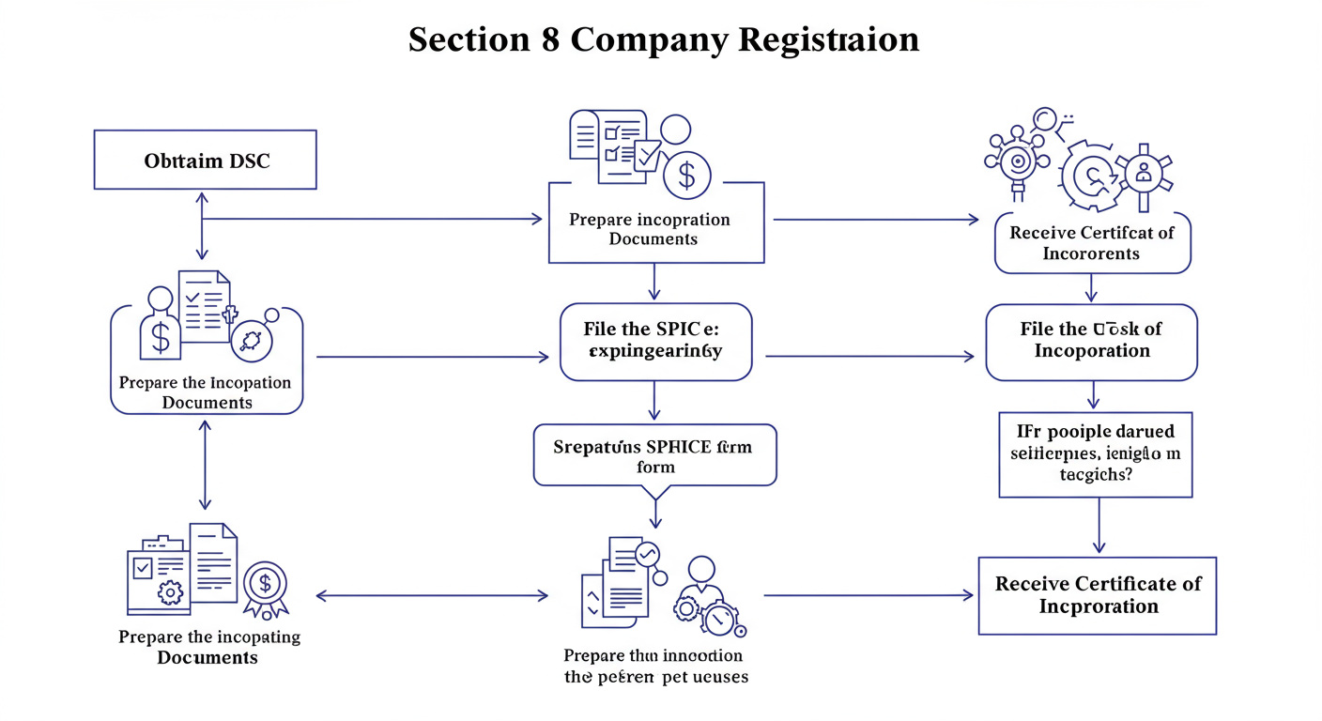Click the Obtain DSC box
(x=205, y=161)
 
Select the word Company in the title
(x=649, y=39)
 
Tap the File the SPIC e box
(x=655, y=341)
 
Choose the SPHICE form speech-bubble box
(x=654, y=455)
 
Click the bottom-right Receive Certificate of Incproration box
(x=1097, y=595)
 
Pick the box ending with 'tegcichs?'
(x=1095, y=453)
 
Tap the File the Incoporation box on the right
(x=1091, y=341)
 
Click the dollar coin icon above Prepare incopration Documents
(x=686, y=176)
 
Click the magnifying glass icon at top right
(x=1043, y=120)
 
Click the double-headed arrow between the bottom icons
(x=432, y=595)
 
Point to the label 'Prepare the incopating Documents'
(x=208, y=647)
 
